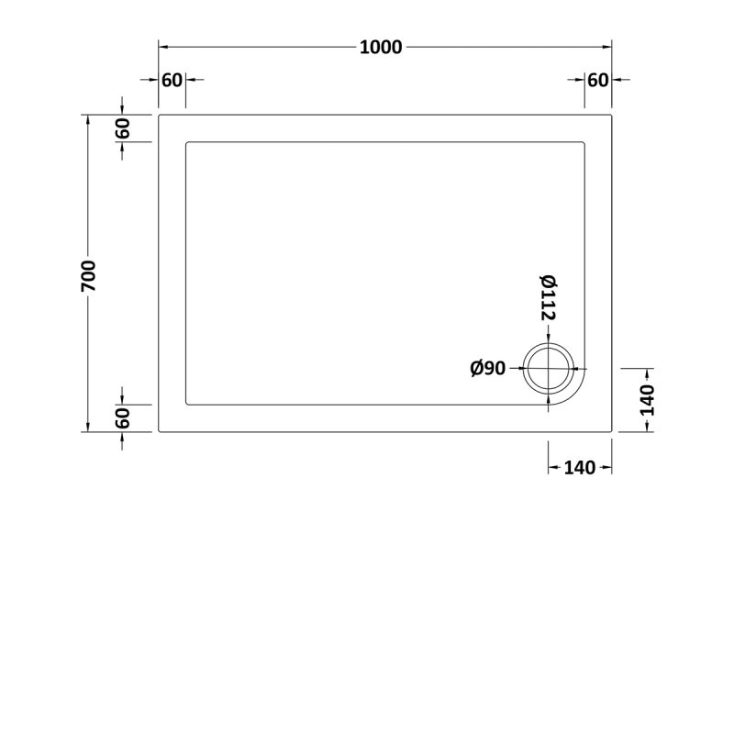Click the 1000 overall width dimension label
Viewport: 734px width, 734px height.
(380, 48)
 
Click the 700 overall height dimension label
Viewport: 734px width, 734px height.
(88, 274)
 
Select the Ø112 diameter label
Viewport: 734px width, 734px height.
(548, 297)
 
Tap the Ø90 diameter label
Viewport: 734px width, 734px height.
(488, 369)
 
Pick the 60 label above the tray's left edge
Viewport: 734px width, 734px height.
(172, 80)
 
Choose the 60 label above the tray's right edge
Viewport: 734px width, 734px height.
(597, 80)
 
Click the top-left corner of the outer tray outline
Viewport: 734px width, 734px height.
(161, 116)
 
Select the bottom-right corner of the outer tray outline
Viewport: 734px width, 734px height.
(611, 431)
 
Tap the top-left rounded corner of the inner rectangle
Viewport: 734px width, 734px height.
(189, 144)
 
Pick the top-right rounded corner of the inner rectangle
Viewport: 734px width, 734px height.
(583, 144)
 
